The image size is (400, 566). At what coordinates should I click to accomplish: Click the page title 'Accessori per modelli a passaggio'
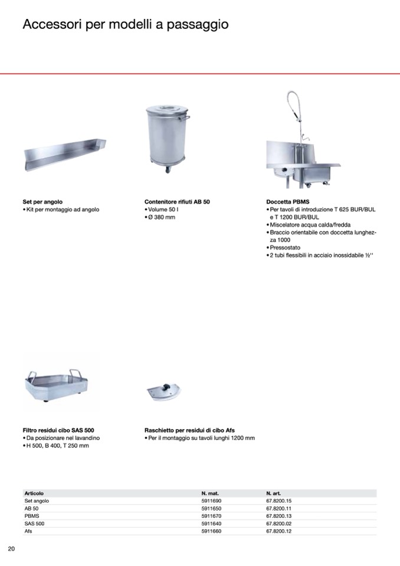[126, 25]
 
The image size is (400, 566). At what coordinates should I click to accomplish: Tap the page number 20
[12, 549]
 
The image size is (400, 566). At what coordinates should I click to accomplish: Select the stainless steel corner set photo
[65, 155]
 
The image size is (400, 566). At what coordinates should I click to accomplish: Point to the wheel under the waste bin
[169, 169]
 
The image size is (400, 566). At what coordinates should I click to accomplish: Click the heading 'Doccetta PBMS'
[288, 202]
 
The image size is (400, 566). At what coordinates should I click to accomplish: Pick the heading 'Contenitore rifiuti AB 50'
[177, 202]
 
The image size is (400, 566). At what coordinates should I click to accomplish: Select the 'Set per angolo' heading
[42, 202]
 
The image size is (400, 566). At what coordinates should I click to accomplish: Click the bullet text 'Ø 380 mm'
[162, 217]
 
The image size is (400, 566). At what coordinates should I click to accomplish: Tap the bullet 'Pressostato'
[285, 248]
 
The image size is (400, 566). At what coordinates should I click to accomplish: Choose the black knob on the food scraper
[166, 387]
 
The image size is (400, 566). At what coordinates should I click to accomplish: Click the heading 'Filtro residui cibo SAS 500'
[58, 430]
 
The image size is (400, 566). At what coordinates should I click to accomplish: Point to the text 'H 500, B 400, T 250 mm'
[58, 446]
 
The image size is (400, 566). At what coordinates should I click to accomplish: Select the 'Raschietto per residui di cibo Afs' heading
[190, 430]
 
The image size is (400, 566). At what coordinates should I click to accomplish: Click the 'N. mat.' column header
[210, 493]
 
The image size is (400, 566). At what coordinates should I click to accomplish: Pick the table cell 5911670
[211, 516]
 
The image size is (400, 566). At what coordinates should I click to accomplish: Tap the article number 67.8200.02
[279, 524]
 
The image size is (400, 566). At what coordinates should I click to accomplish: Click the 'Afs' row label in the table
[28, 531]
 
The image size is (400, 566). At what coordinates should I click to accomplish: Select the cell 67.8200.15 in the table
[279, 500]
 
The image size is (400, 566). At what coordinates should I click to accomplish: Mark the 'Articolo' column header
[34, 493]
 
